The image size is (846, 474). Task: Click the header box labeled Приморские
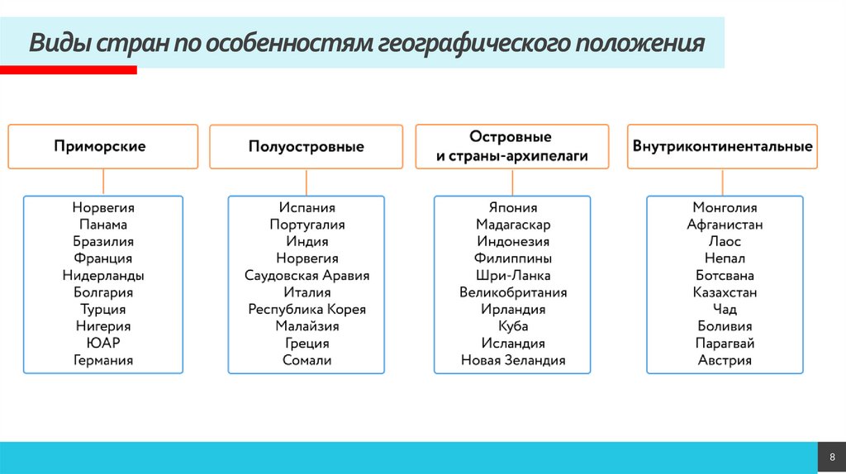pyautogui.click(x=102, y=146)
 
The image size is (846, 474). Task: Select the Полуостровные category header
pyautogui.click(x=306, y=146)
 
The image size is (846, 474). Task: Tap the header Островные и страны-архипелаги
pyautogui.click(x=511, y=146)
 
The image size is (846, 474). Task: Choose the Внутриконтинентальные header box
pyautogui.click(x=722, y=146)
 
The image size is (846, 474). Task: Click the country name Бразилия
pyautogui.click(x=102, y=242)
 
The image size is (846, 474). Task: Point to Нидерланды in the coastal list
pyautogui.click(x=102, y=276)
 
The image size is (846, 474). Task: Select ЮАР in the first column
pyautogui.click(x=102, y=344)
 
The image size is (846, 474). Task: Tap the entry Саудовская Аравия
pyautogui.click(x=307, y=276)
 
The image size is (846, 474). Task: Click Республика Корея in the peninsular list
pyautogui.click(x=307, y=310)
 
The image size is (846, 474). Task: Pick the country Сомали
pyautogui.click(x=307, y=360)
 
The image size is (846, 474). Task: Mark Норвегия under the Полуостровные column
pyautogui.click(x=307, y=258)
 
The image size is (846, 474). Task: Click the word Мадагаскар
pyautogui.click(x=513, y=225)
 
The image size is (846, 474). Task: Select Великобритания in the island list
pyautogui.click(x=513, y=292)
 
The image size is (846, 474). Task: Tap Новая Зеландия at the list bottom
pyautogui.click(x=513, y=360)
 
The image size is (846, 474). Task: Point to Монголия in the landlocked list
pyautogui.click(x=725, y=208)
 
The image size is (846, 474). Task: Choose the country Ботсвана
pyautogui.click(x=725, y=276)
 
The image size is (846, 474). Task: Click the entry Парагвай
pyautogui.click(x=725, y=344)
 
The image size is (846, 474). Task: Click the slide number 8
pyautogui.click(x=832, y=457)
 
